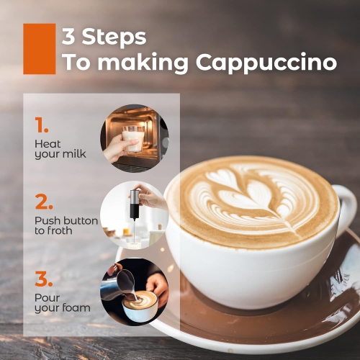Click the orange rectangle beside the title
(x=40, y=49)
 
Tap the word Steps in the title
(x=114, y=37)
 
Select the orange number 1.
(x=42, y=125)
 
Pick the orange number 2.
(x=44, y=202)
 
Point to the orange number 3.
(x=44, y=279)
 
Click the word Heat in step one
(x=48, y=144)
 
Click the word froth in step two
(x=60, y=230)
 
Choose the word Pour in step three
(x=48, y=298)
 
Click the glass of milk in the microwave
(x=132, y=139)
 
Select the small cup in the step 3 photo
(x=140, y=307)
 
